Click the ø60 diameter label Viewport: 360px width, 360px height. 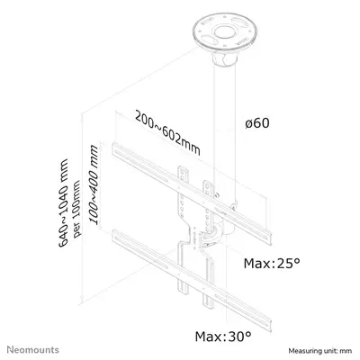coord(257,123)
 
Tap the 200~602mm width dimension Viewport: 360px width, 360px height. coord(167,132)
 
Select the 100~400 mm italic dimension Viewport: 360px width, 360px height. coord(94,184)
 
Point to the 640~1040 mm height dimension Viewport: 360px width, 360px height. coord(63,203)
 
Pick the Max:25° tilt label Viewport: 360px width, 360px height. coord(272,263)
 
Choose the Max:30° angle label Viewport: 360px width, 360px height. coord(223,336)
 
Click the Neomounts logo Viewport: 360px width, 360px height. coord(33,349)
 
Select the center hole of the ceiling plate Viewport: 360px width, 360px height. coord(223,31)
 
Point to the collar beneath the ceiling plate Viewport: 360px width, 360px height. coord(225,59)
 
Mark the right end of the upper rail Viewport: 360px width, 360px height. coord(269,238)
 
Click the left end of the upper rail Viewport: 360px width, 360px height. coord(115,150)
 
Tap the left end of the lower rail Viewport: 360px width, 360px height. coord(115,237)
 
